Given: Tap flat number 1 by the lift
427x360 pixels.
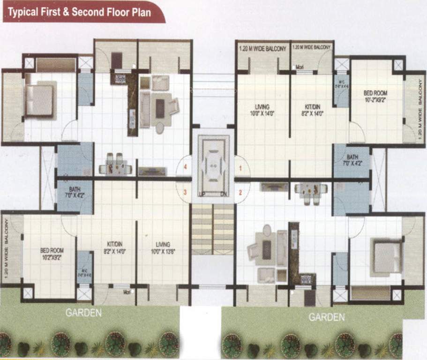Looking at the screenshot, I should [241, 167].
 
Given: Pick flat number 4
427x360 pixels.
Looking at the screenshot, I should [186, 167].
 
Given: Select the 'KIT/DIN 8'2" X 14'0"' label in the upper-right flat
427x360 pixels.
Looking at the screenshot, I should [312, 110].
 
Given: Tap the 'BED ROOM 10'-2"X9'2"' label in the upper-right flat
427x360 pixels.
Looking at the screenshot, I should [377, 97].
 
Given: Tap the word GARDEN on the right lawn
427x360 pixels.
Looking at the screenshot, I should [326, 317].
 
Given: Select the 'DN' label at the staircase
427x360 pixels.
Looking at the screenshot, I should [224, 194].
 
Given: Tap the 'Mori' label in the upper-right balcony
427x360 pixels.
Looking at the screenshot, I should [300, 67].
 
